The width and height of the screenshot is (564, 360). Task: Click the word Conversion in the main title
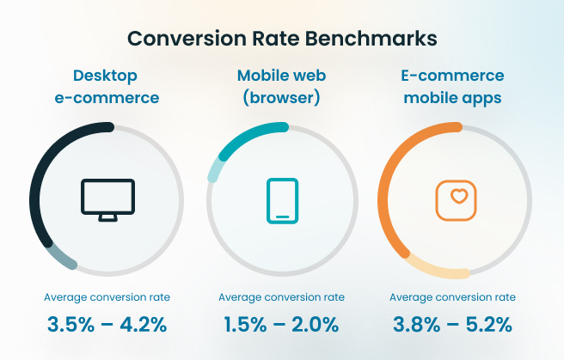coord(190,39)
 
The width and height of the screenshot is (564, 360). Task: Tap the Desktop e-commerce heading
coord(107,87)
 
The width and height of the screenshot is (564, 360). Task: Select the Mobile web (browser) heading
coord(280,87)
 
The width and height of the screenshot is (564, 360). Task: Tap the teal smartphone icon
coord(282,201)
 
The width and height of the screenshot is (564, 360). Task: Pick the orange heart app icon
coord(456,199)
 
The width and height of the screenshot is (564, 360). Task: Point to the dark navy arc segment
coord(43,164)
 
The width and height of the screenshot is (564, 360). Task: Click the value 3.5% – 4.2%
coord(107,325)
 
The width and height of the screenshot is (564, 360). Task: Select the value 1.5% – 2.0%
coord(280,325)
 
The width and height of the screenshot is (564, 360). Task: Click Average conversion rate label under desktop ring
coord(107,297)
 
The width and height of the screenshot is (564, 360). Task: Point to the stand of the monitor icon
coord(107,217)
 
